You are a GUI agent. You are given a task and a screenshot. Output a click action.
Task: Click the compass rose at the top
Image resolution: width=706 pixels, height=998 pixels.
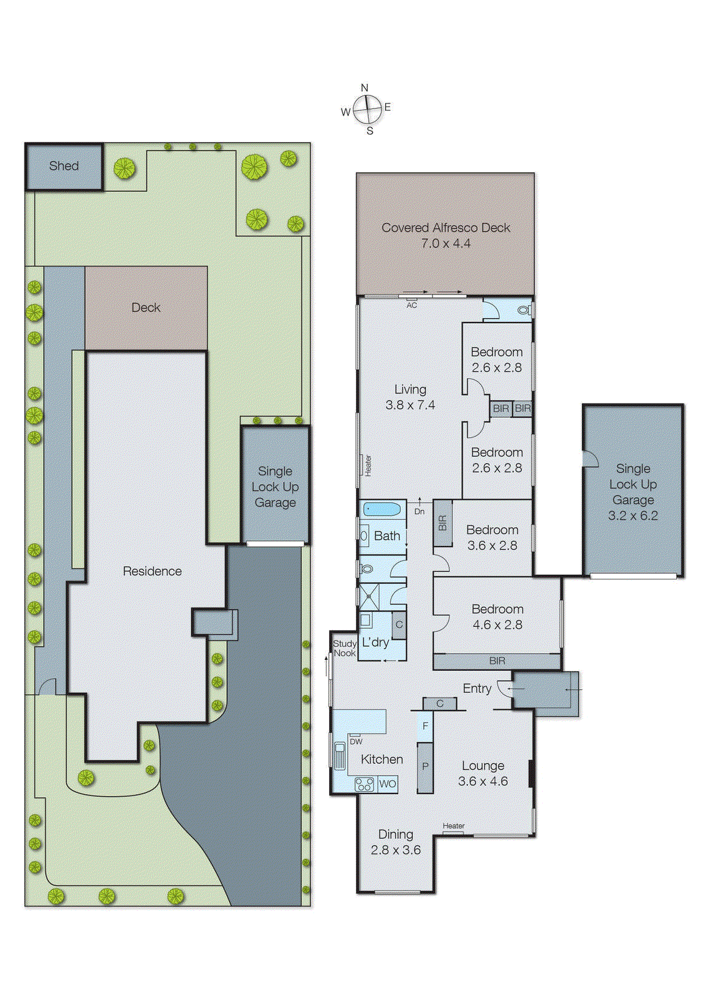tap(368, 110)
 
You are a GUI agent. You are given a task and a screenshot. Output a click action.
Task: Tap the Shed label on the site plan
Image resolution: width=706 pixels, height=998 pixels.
tap(64, 166)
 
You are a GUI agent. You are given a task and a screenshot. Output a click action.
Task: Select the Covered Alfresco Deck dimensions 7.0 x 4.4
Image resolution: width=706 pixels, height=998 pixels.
tap(446, 244)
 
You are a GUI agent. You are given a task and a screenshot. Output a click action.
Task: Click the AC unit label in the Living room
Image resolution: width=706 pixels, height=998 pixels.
tap(411, 305)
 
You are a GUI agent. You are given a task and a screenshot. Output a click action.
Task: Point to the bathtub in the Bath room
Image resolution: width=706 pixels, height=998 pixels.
tap(381, 509)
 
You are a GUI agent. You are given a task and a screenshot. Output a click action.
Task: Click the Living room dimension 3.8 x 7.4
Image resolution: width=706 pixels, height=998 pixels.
tap(410, 405)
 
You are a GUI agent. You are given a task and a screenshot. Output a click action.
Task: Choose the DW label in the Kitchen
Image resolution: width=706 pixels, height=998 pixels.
tap(356, 742)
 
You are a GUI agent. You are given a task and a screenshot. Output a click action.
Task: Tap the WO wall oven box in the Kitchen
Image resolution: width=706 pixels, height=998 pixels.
tap(387, 784)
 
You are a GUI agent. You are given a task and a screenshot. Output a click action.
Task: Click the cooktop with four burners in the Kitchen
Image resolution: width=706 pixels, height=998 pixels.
tap(365, 784)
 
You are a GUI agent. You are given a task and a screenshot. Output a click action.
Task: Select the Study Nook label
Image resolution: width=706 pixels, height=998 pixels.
tap(345, 648)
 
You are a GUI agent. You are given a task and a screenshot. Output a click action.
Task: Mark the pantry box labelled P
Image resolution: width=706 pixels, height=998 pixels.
tap(425, 767)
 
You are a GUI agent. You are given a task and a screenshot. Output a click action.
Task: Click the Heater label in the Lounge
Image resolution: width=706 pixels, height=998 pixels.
tap(453, 826)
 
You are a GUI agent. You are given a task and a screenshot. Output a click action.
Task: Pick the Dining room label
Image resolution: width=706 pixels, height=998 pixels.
tap(396, 834)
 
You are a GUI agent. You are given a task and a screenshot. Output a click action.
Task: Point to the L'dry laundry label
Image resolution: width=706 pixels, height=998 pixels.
tap(375, 642)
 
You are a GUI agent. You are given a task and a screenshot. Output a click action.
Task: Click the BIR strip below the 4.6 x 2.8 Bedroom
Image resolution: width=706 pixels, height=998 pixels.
tap(497, 661)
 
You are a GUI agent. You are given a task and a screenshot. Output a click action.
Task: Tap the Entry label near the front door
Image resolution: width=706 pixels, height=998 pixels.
tap(477, 688)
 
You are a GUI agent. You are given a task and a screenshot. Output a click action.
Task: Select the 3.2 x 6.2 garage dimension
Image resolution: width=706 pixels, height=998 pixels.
tap(632, 515)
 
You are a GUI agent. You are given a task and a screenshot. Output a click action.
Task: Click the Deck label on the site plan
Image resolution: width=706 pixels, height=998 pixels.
tap(146, 308)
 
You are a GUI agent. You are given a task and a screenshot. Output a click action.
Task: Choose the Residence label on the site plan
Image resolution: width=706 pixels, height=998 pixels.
tap(152, 571)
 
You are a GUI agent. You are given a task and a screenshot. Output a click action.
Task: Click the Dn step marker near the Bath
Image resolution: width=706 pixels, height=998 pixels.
tap(419, 511)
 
